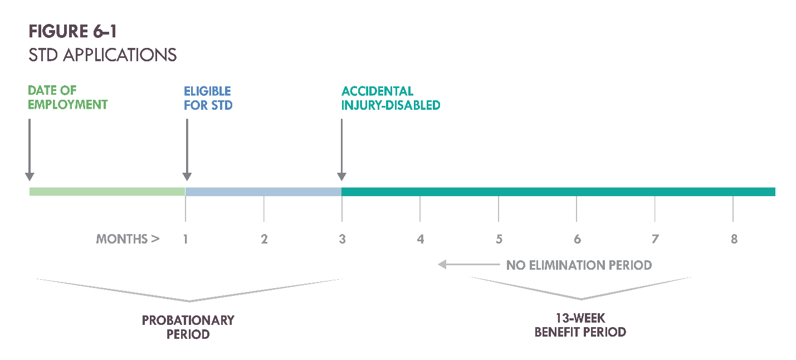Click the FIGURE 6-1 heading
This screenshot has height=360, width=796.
pos(72,32)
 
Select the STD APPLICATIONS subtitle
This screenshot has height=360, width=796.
pos(102,55)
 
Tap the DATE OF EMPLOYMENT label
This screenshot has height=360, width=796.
pos(67,98)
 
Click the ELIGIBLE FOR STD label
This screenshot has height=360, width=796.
pos(208,98)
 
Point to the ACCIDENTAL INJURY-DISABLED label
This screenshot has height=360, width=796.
pos(390,98)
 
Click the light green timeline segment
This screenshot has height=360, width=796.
pos(107,192)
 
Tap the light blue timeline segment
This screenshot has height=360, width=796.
pos(263,192)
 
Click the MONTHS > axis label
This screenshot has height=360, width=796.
pos(128,239)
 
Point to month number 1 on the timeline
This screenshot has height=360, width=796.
pos(185,239)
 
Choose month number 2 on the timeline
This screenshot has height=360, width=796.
pos(264,239)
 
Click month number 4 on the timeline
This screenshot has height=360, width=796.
pos(421,239)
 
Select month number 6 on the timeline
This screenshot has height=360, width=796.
pos(577,239)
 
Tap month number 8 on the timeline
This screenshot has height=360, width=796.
pos(734,239)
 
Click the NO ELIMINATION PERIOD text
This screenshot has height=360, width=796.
pos(579,265)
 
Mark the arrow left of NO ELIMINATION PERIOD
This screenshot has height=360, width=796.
pos(468,265)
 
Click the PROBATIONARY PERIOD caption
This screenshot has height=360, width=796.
pos(188,327)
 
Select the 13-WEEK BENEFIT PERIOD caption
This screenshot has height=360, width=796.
pos(580,325)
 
